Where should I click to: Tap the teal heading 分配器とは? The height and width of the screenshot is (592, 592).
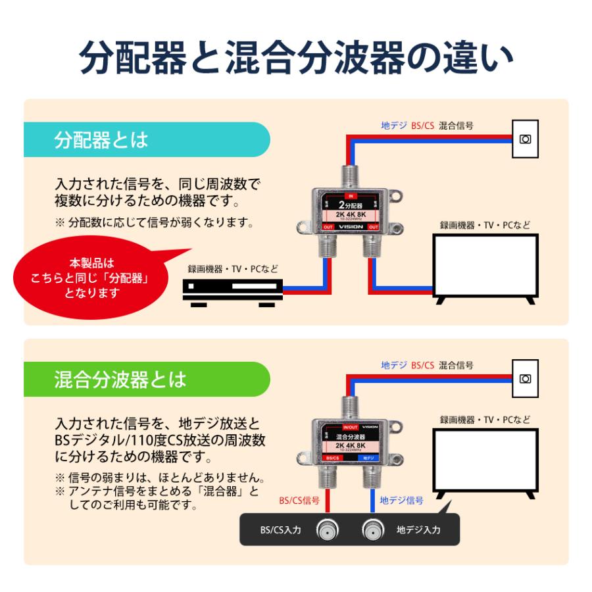tap(101, 139)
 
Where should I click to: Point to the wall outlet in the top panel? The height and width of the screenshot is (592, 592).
tap(524, 139)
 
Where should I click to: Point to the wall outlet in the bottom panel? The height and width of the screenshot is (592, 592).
tap(524, 378)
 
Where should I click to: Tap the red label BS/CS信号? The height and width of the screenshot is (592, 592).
tap(299, 501)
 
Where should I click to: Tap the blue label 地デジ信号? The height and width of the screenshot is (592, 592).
tap(402, 501)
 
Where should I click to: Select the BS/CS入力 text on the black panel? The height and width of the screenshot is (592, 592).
tap(280, 530)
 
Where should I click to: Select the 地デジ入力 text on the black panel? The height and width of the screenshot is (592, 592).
tap(418, 530)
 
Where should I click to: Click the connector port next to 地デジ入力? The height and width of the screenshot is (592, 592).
tap(372, 530)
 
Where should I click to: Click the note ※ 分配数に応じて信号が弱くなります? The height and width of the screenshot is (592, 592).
tap(155, 222)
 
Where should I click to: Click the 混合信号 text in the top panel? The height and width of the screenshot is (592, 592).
tap(456, 125)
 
